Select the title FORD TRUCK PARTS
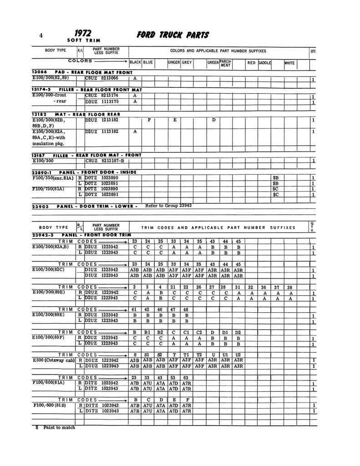[x=172, y=35]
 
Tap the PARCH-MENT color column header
[x=226, y=63]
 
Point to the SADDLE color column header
[x=264, y=62]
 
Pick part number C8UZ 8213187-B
[x=107, y=161]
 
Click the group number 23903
[x=41, y=206]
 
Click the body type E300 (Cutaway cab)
[x=54, y=360]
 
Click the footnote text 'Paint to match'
[x=59, y=427]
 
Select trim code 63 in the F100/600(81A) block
[x=186, y=377]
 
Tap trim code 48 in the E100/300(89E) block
[x=186, y=309]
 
